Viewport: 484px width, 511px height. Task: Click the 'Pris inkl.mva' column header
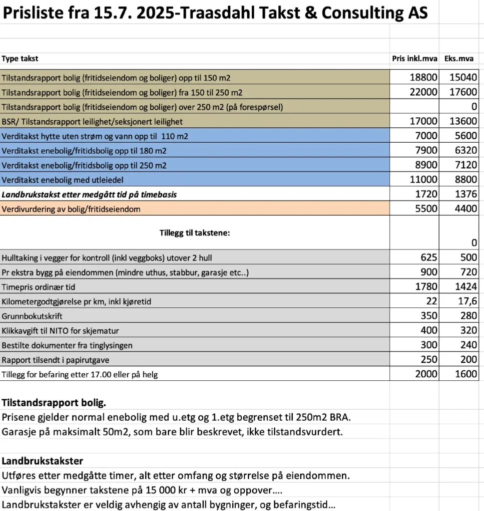[414, 59]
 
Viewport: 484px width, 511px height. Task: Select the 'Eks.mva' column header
[459, 59]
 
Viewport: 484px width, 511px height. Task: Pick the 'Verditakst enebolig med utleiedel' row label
[62, 180]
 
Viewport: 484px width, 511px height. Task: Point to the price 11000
[423, 180]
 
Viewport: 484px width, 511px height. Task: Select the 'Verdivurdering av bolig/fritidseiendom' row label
[71, 210]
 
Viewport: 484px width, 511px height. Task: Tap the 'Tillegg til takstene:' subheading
[195, 233]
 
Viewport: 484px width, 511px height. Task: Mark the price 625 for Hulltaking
[429, 257]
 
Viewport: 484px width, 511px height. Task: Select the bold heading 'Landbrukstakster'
[42, 461]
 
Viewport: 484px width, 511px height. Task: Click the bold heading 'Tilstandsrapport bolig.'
[54, 403]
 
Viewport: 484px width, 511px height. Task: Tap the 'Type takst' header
[20, 59]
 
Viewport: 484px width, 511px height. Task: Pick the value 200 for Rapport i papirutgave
[469, 360]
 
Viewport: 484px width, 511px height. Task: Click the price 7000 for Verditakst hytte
[426, 136]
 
